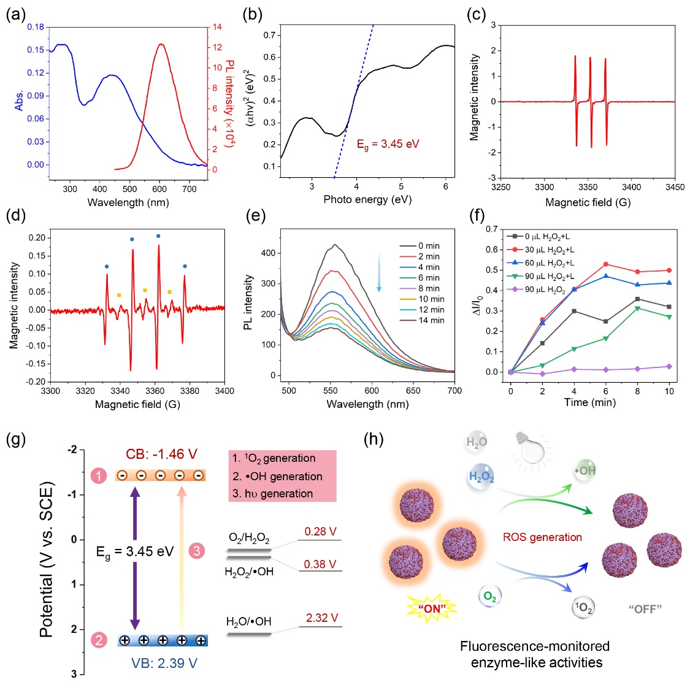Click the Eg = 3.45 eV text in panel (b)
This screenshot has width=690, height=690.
pos(388,144)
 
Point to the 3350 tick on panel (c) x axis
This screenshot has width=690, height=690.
pos(588,187)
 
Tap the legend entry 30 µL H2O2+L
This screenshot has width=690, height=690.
pos(550,250)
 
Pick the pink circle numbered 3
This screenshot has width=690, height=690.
pos(196,551)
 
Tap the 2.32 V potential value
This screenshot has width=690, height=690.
pos(322,618)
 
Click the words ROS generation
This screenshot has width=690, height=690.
pos(542,537)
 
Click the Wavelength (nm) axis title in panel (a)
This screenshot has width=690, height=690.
pos(128,202)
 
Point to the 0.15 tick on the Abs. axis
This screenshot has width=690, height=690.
pos(36,50)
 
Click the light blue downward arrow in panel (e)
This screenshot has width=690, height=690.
pos(379,280)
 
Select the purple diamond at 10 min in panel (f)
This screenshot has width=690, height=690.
pos(669,366)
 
